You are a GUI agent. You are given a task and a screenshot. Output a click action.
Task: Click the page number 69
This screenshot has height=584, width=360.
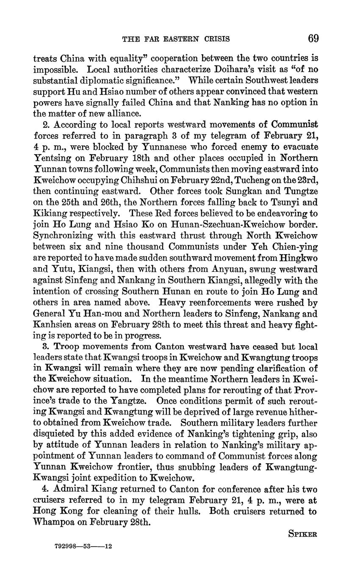[x=313, y=39]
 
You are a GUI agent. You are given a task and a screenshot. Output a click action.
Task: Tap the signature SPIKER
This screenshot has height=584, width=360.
[x=302, y=534]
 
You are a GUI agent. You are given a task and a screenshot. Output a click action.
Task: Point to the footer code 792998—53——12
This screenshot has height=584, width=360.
[x=83, y=546]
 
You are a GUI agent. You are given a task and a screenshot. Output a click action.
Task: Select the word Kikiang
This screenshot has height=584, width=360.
[x=49, y=213]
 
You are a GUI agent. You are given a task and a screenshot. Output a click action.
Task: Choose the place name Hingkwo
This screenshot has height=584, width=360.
[x=298, y=258]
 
